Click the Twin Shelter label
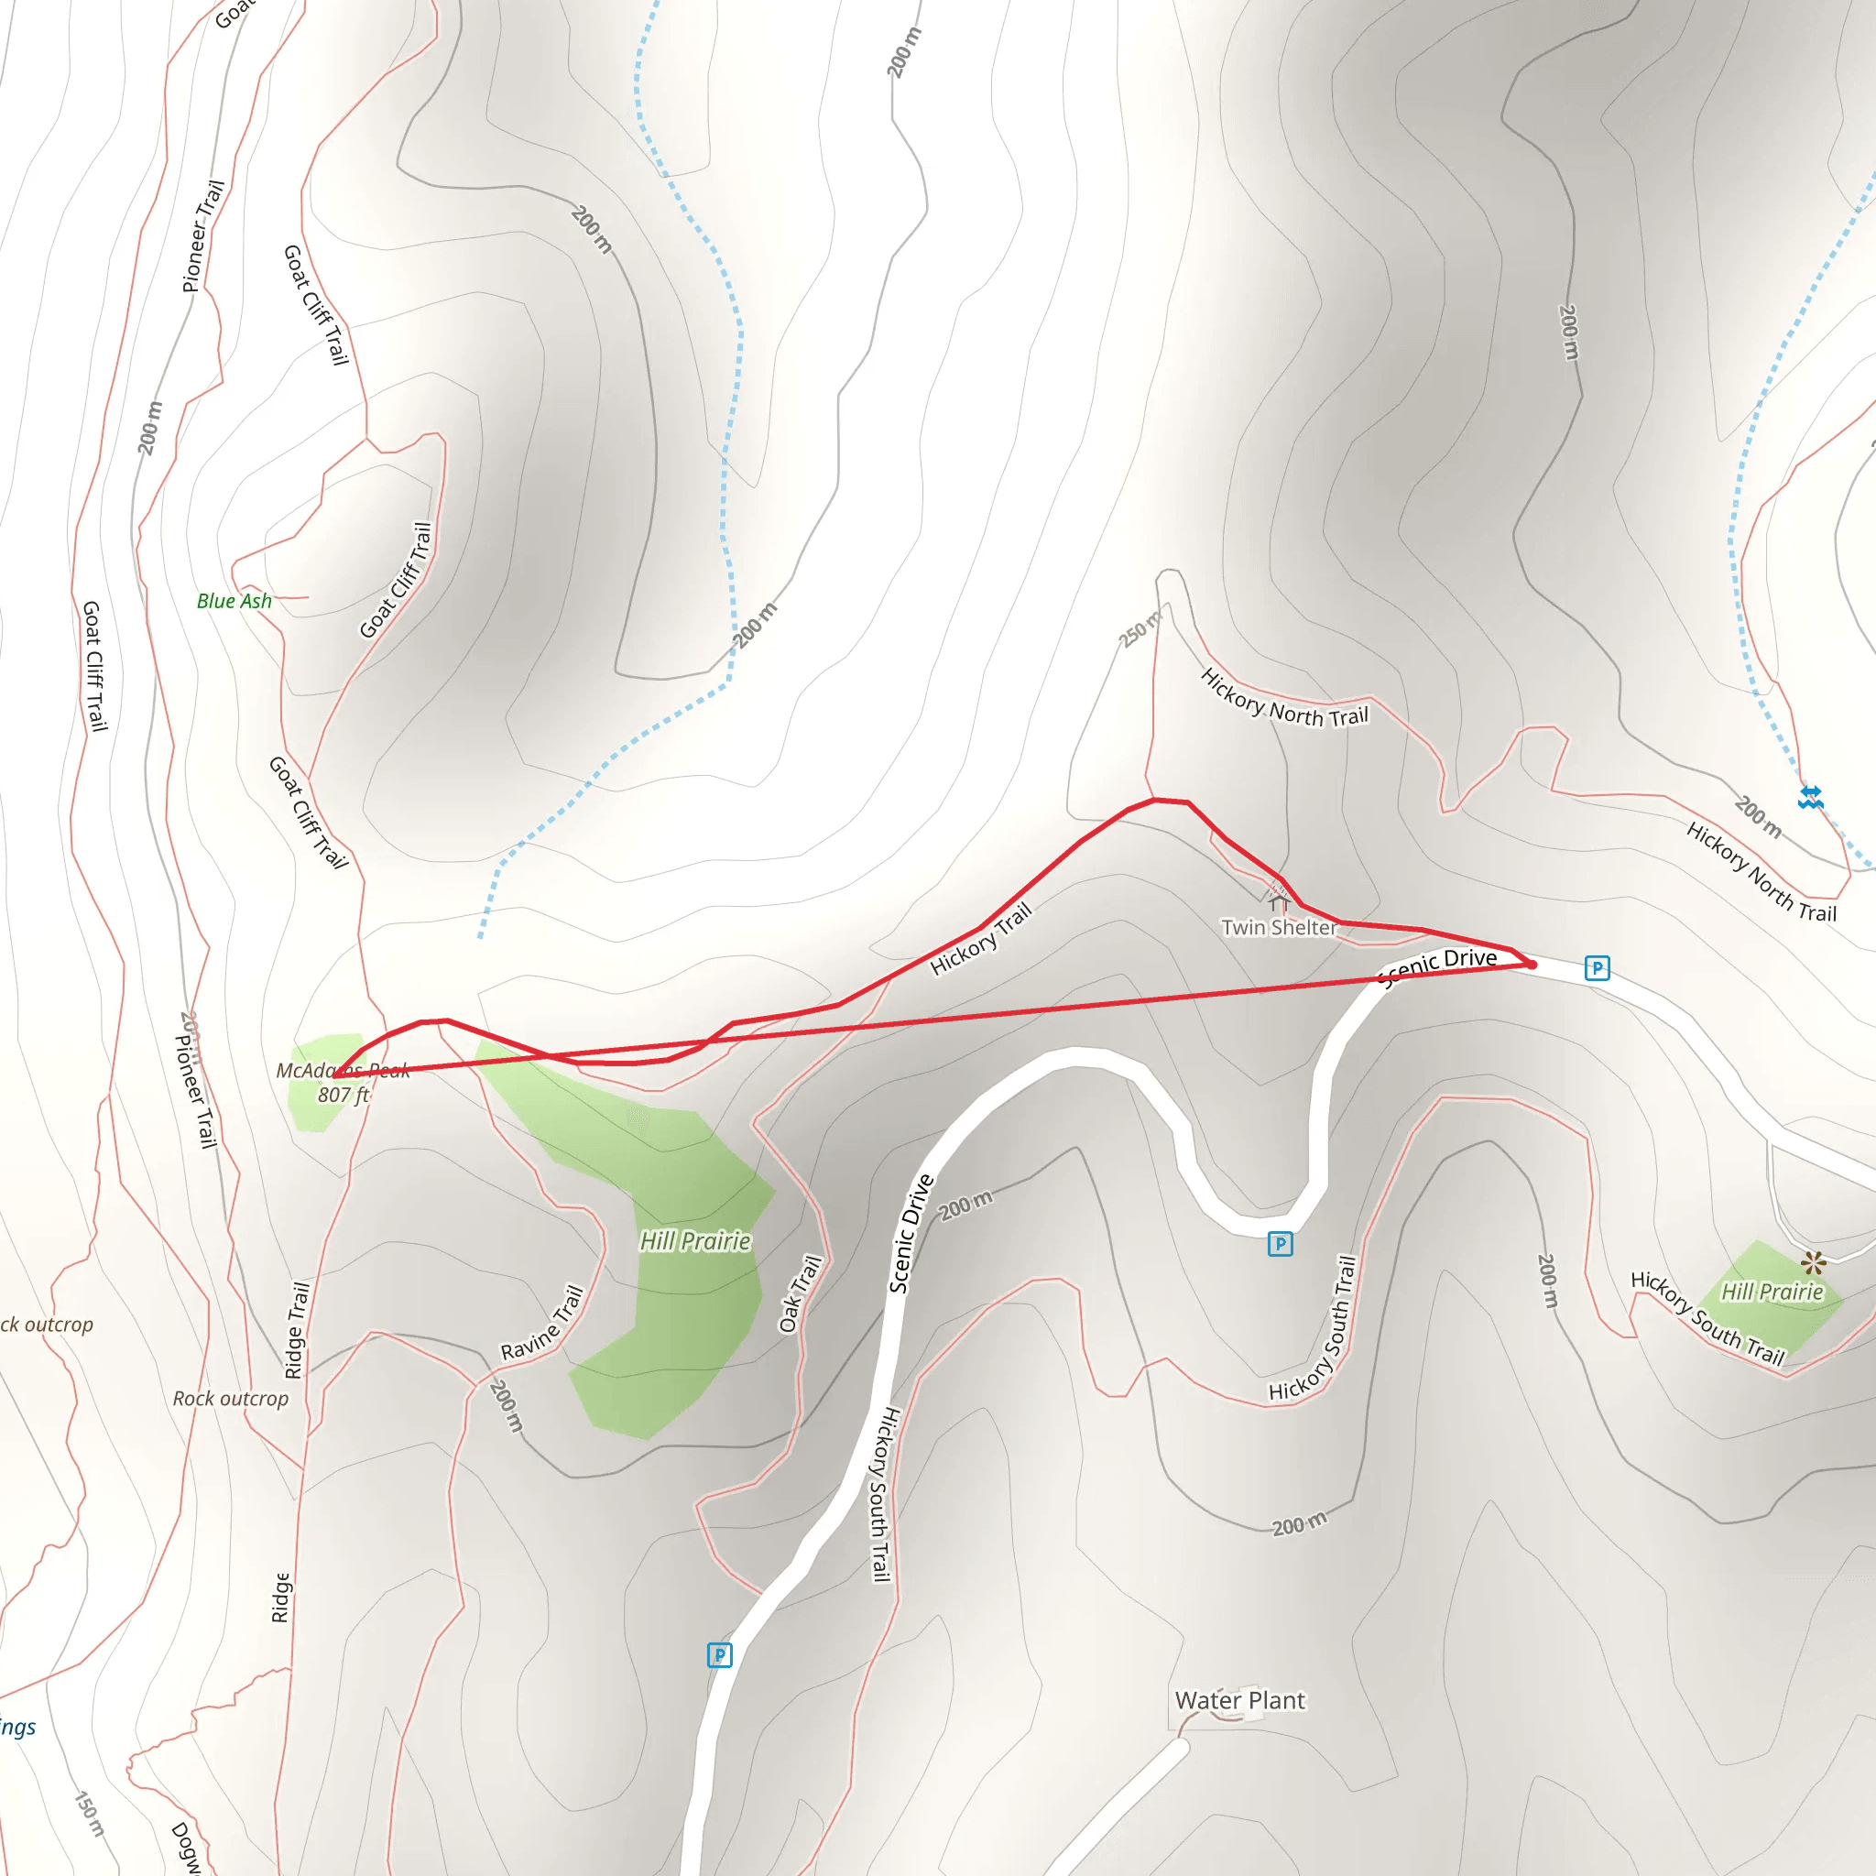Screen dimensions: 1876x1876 1278,927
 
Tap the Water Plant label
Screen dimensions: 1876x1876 1240,1700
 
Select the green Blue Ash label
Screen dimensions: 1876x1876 234,601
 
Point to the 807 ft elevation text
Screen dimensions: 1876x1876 343,1096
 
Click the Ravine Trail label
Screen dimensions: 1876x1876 542,1323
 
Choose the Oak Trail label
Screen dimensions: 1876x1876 802,1294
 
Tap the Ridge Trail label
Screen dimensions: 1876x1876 297,1330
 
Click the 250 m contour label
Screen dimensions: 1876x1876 1139,629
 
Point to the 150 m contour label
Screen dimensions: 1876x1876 90,1813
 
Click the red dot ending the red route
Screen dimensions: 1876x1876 1532,965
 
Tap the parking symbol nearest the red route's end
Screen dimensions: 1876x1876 1597,968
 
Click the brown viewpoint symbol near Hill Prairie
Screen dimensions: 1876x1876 1813,1263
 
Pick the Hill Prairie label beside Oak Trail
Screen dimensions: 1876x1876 695,1242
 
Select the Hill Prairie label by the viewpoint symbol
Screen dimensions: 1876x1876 1772,1292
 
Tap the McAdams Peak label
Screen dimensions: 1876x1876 342,1070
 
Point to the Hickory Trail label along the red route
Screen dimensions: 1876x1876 981,939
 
